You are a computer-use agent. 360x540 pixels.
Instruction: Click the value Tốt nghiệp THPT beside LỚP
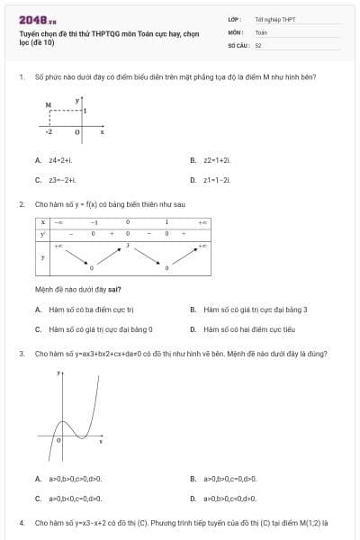coord(274,18)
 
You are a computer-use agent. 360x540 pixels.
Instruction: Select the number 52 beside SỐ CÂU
coord(258,44)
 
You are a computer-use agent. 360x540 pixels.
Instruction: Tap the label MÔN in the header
coord(235,31)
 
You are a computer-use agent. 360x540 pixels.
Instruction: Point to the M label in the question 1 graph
coord(48,104)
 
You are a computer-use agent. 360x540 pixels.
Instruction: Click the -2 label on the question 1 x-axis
coord(49,131)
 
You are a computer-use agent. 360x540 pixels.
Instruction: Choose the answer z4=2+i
coord(59,160)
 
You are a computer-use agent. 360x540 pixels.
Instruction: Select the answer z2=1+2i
coord(217,160)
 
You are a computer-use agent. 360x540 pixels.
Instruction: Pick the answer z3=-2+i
coord(62,180)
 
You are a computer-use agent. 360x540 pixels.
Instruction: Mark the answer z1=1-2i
coord(217,180)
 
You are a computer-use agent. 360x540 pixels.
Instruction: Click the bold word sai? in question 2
coord(113,289)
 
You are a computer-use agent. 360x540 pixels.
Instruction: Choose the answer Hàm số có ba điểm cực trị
coord(91,310)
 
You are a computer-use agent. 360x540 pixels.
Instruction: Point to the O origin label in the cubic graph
coord(58,441)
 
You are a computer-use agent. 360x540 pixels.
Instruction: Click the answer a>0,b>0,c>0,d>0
coord(76,479)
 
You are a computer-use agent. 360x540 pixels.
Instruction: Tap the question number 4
coord(21,522)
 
